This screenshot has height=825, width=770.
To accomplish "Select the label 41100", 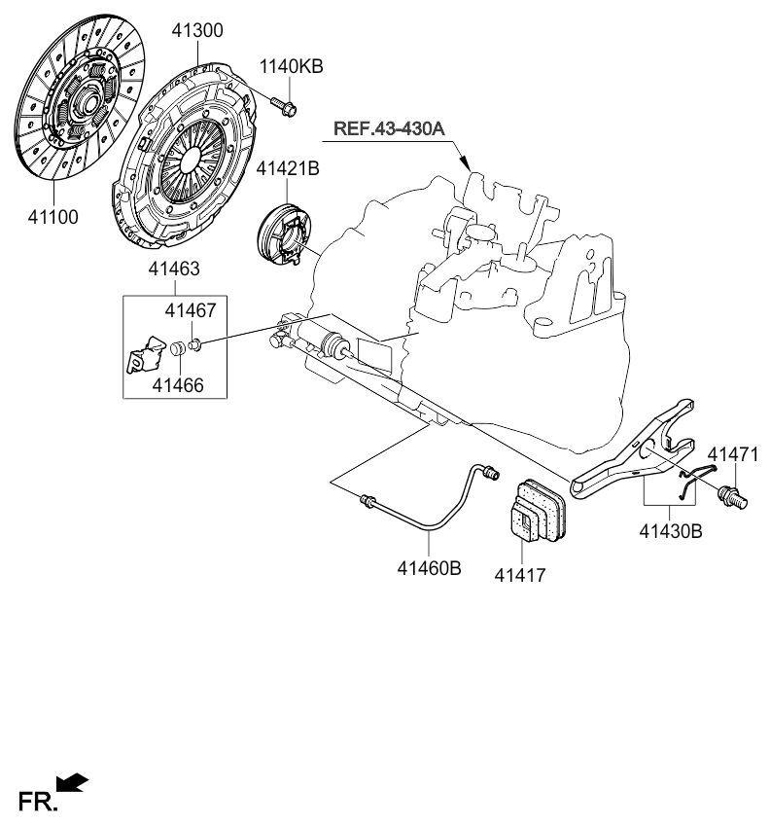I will (x=54, y=215).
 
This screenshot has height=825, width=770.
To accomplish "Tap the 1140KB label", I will (x=290, y=67).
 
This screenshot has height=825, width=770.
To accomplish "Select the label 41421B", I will (x=288, y=169).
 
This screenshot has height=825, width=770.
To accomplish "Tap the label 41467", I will (x=190, y=310).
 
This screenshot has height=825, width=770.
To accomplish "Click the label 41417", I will (x=522, y=575).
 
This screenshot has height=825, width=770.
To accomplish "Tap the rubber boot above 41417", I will (x=531, y=508).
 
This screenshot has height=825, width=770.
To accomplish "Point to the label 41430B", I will (x=672, y=531).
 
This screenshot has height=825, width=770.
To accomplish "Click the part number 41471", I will (x=731, y=454).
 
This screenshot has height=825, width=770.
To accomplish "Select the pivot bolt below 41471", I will (x=733, y=495).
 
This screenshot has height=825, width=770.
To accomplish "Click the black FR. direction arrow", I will (x=73, y=782).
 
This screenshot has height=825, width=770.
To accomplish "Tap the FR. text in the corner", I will (x=38, y=802).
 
